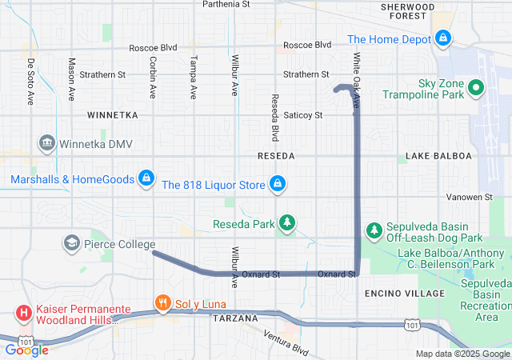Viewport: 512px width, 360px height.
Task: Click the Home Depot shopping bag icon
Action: pos(443,38)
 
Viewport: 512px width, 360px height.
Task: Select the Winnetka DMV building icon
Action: pos(46,144)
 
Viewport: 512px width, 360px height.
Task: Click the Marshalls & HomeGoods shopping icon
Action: pos(146,178)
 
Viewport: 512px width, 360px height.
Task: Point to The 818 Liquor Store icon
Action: pos(277,185)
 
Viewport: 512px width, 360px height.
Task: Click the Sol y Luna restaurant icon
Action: pos(162,303)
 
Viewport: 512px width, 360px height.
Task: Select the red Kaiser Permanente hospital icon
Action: pos(24,312)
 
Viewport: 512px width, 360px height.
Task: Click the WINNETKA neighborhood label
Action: pos(113,115)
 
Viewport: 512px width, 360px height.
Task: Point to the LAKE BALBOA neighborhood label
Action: pos(438,155)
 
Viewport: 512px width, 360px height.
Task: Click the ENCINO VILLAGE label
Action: pos(404,294)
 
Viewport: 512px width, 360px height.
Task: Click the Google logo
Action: pos(26,350)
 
